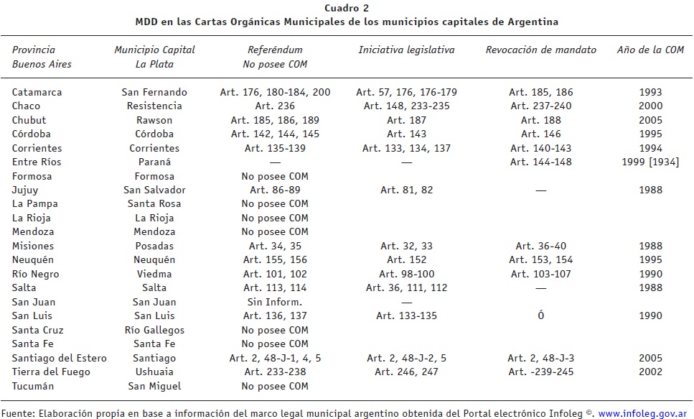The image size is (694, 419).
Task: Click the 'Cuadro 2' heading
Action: [347, 9]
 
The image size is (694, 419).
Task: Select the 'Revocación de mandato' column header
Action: [540, 50]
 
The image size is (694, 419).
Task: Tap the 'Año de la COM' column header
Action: [650, 50]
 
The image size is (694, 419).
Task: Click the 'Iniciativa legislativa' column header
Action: [406, 50]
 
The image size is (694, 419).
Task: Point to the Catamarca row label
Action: [37, 92]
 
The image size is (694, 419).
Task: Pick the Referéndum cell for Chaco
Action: [276, 106]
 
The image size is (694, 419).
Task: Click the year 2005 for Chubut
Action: [650, 120]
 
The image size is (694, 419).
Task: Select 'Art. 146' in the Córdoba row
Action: [540, 134]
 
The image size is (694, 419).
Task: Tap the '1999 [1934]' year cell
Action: [650, 162]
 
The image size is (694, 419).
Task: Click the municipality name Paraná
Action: [154, 162]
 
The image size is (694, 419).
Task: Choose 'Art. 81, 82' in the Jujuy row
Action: [406, 190]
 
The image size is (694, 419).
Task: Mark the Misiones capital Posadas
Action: [154, 246]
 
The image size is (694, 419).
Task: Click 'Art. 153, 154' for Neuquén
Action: [540, 259]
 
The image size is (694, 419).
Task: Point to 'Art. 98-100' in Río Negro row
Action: [406, 274]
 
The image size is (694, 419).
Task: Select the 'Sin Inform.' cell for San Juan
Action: [276, 302]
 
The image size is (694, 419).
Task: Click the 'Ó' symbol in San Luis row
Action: [540, 316]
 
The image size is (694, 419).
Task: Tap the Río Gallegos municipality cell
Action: [154, 330]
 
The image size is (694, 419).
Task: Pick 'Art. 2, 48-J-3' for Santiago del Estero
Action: [540, 358]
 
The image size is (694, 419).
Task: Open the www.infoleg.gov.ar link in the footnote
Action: [641, 413]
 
